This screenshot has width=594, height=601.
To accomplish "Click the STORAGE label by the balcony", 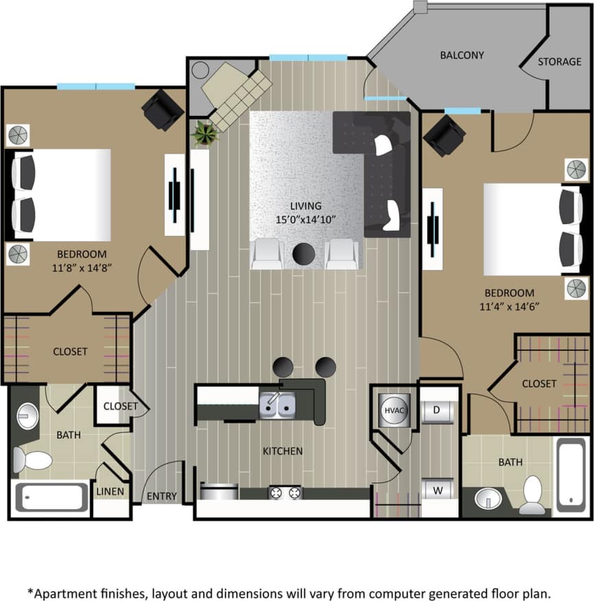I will (x=559, y=62).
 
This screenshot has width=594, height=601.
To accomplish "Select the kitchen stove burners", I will (x=285, y=492).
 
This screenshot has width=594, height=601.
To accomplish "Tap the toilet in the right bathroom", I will (x=533, y=494).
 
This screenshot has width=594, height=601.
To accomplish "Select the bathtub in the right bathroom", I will (x=571, y=475).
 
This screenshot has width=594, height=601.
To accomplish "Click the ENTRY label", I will (x=162, y=496).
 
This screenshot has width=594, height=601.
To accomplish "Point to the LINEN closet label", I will (x=110, y=491).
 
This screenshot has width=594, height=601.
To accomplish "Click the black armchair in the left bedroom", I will (x=163, y=109).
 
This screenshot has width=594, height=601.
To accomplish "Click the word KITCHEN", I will (x=283, y=451).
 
